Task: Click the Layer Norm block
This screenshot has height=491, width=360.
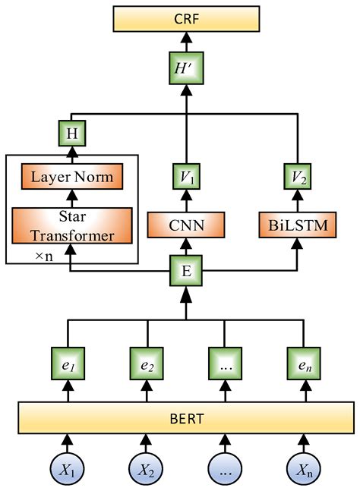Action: click(73, 178)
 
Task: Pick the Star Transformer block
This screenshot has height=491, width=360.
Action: click(73, 225)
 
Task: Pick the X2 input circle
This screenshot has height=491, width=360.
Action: click(147, 469)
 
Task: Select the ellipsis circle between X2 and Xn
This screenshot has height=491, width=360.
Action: click(223, 469)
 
